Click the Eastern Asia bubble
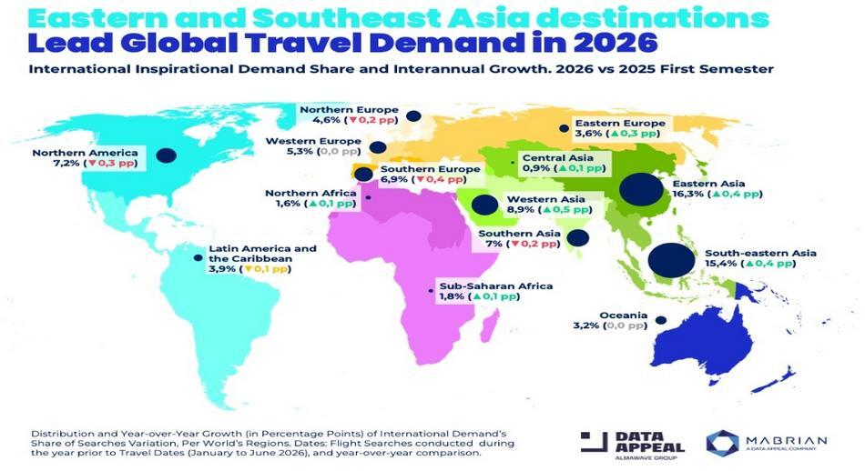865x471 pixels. (641, 191)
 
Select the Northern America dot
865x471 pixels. (165, 155)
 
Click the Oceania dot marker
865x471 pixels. (661, 320)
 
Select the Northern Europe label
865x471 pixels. (337, 107)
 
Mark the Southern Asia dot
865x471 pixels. (576, 238)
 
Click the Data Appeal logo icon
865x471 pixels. (595, 442)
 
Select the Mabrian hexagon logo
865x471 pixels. (723, 442)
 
